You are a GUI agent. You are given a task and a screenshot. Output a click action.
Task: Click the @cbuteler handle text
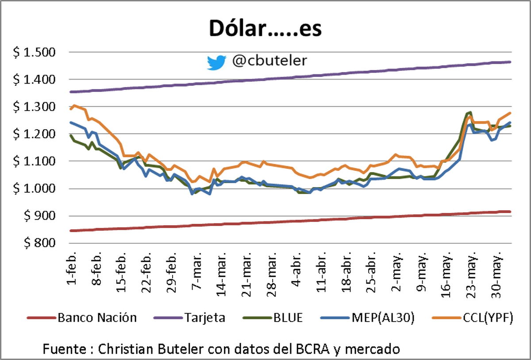269,61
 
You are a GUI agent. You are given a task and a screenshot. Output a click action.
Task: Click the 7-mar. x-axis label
196,272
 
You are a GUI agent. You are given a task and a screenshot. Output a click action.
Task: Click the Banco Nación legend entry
97,318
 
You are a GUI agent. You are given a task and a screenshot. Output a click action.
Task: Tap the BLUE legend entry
287,318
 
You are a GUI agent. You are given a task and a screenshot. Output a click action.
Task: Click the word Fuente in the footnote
62,349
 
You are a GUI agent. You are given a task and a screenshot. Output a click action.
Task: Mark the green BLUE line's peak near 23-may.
470,112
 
